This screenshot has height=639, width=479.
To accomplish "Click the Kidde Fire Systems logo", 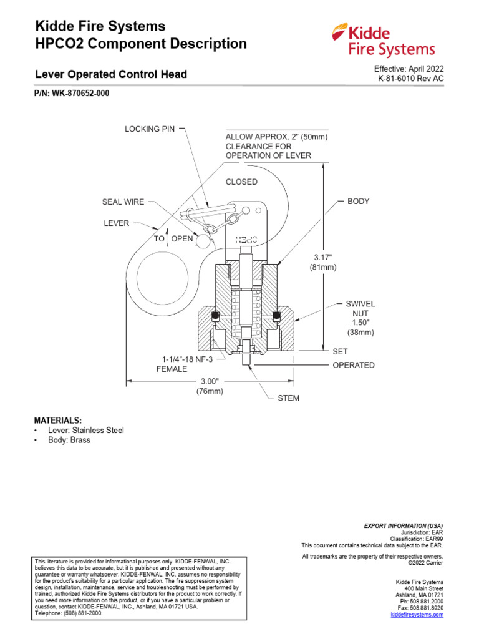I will (x=384, y=40).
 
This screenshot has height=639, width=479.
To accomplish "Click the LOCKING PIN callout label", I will (x=150, y=129).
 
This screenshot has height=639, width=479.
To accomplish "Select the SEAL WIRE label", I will (x=123, y=202).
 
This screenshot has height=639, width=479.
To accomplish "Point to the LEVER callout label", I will (x=117, y=223).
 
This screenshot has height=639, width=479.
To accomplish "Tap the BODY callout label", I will (x=358, y=202).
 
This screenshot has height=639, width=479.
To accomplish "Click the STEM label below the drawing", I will (x=288, y=398).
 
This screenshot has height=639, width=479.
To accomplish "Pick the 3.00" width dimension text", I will (x=211, y=381).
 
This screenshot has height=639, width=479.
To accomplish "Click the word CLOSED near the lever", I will (x=241, y=182).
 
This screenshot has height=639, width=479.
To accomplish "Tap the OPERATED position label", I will (x=353, y=365).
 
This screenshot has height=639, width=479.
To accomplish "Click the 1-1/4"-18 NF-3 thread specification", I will (x=188, y=359).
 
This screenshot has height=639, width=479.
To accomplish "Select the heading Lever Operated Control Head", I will (x=110, y=74).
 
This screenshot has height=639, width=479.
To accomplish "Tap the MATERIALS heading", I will (x=57, y=421).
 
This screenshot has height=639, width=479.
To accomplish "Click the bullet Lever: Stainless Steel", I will (x=85, y=431).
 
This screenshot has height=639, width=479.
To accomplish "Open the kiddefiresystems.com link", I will (x=417, y=615).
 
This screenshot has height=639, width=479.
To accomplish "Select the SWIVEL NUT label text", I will (x=360, y=308).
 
